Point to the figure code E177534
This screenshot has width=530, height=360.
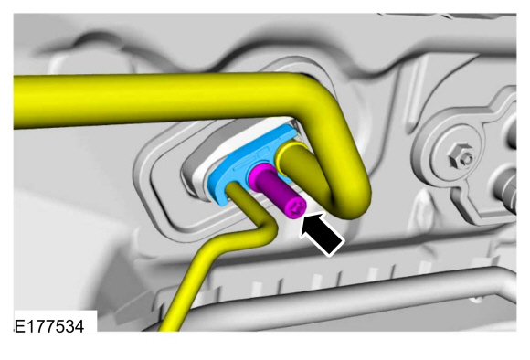coord(49,326)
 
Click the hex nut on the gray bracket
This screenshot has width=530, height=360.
coord(461,155)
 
